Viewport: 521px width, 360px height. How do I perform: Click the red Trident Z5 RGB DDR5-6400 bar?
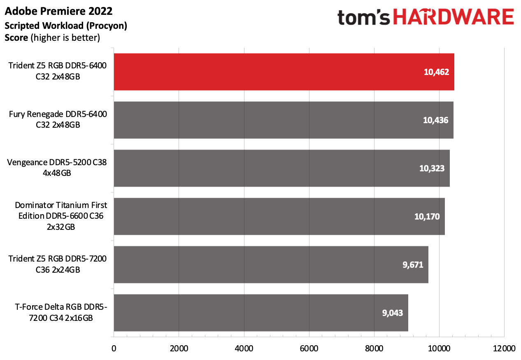(x=284, y=72)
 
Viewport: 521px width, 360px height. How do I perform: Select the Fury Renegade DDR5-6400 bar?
(x=284, y=120)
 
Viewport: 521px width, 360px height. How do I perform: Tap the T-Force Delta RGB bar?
(x=261, y=313)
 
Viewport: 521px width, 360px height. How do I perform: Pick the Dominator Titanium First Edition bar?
(x=279, y=216)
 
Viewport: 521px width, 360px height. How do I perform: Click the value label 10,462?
(x=436, y=72)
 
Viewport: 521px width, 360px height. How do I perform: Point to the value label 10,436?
(x=435, y=120)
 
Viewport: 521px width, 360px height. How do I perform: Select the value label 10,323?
(x=432, y=168)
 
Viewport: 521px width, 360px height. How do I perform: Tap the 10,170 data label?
(x=427, y=217)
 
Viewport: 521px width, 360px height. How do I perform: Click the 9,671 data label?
(x=413, y=265)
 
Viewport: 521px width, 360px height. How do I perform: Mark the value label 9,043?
(x=392, y=313)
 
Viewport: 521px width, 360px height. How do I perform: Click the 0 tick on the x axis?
(x=114, y=348)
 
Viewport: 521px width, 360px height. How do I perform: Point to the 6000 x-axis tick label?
(x=309, y=348)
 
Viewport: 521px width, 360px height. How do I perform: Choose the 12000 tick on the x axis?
(x=504, y=348)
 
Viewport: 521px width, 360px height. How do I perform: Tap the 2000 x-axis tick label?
(x=179, y=348)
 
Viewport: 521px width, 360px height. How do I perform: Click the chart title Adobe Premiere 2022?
(x=58, y=11)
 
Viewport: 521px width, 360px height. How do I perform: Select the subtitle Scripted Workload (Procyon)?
(x=66, y=26)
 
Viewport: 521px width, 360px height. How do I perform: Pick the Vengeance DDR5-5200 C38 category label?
(x=57, y=167)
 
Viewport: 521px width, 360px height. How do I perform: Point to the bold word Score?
(x=16, y=38)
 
